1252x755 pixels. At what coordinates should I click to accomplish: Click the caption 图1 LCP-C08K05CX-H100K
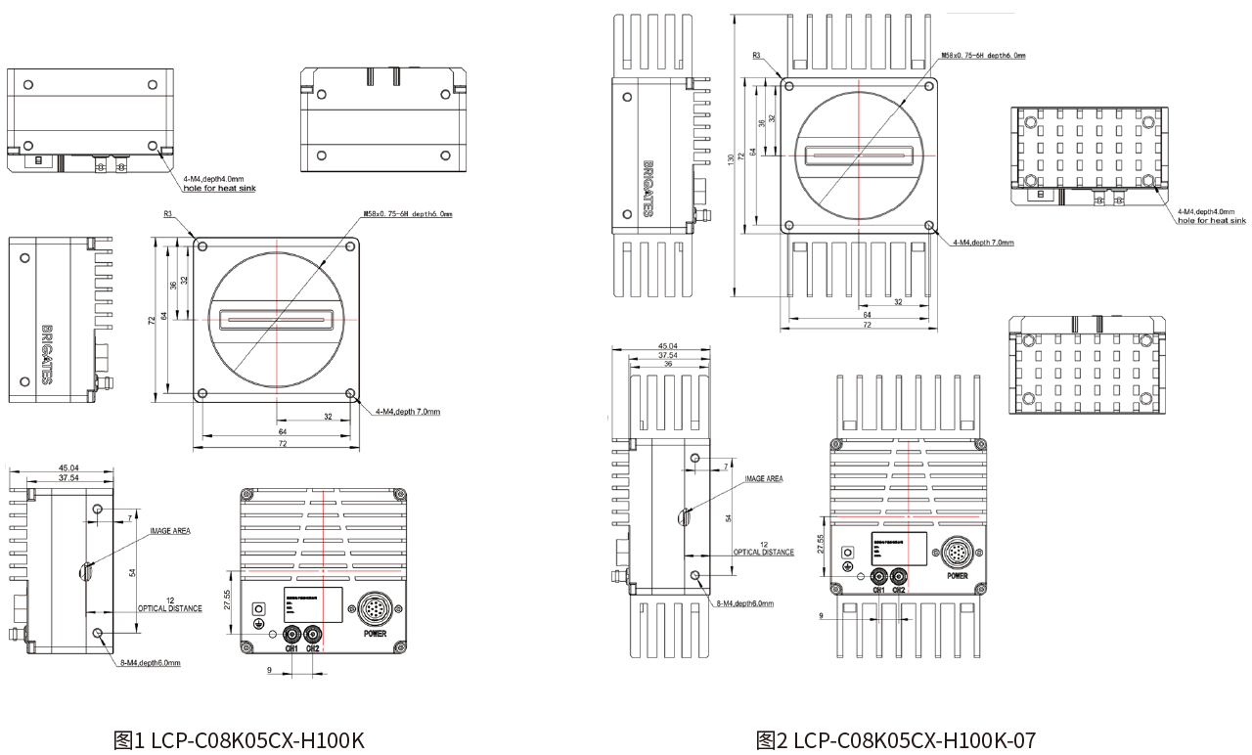239,739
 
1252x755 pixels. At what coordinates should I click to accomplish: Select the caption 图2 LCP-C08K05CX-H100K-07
895,739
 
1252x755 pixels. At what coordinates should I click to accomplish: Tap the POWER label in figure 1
376,634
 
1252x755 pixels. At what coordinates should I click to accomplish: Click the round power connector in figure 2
957,555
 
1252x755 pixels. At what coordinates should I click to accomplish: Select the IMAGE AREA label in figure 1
169,531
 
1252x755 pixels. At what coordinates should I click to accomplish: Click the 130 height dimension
730,158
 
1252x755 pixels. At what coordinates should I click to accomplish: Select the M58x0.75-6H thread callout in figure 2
982,56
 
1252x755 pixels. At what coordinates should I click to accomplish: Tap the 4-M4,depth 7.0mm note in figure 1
407,412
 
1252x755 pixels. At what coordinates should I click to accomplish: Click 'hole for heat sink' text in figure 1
219,188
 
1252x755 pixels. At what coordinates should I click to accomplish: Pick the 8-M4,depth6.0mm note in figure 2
744,603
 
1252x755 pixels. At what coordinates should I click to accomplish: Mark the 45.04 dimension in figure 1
67,467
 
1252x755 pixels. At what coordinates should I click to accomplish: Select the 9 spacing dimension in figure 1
268,670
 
